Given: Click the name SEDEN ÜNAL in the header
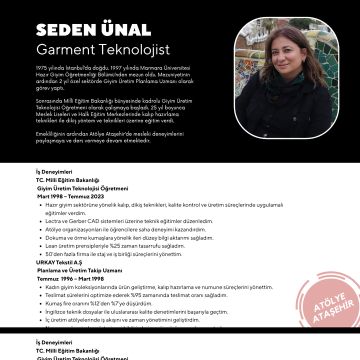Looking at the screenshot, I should tap(93, 30).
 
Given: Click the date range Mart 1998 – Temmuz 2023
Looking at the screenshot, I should tap(67, 196).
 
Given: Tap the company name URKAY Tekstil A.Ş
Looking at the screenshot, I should tap(59, 262).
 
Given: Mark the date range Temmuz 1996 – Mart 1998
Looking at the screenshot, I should tap(70, 278).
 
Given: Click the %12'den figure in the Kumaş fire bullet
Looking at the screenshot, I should tap(95, 303).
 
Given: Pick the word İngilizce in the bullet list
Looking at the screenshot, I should tap(57, 311).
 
